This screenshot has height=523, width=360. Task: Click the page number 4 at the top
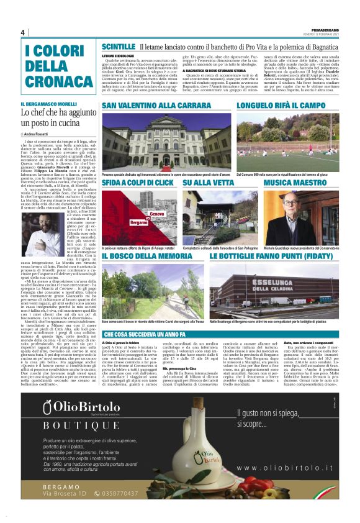(x=22, y=32)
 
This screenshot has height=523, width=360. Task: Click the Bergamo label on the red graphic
(x=138, y=222)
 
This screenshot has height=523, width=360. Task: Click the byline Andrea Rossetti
(x=40, y=134)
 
